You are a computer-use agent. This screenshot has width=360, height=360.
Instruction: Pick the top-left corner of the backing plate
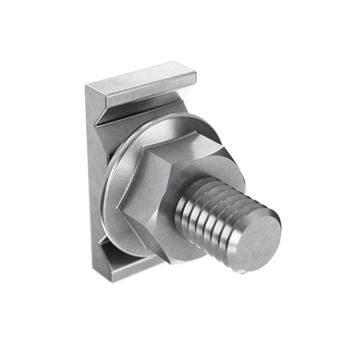[87, 87]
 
